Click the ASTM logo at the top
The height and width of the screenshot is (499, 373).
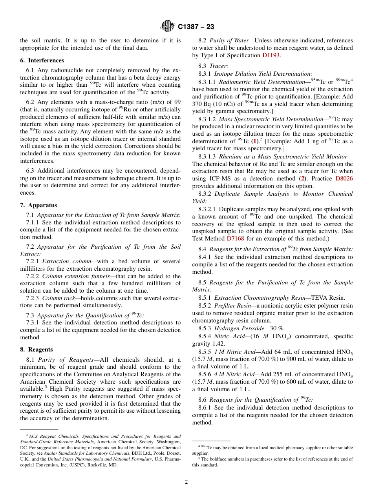168,27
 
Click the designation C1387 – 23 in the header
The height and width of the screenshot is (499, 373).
196,27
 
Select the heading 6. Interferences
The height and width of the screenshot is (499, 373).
42,60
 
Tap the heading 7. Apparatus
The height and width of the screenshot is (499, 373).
38,205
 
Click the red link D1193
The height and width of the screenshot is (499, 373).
271,55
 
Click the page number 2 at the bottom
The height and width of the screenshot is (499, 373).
186,482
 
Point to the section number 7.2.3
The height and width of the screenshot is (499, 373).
33,298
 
